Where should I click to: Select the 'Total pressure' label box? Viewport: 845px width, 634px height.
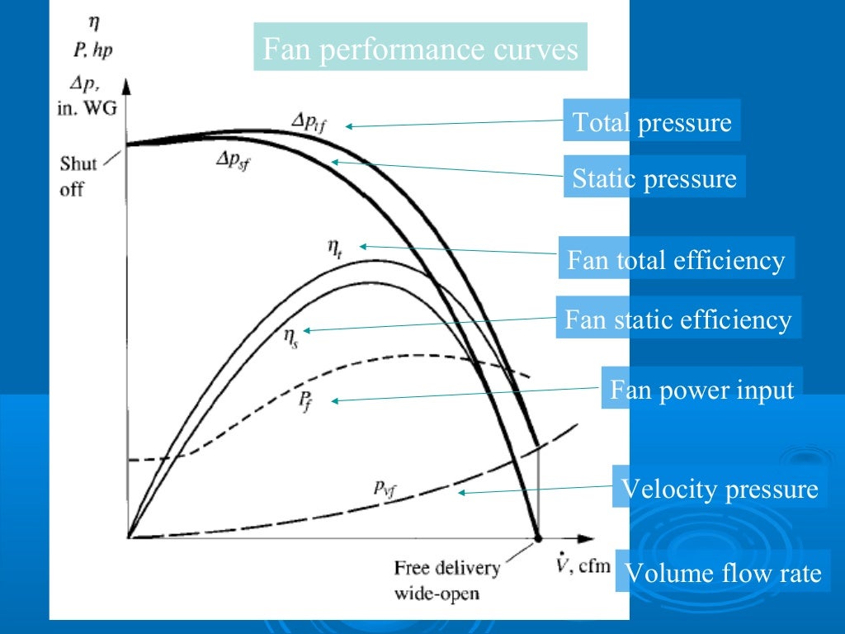[x=651, y=122]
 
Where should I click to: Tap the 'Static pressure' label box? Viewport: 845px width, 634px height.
[x=654, y=177]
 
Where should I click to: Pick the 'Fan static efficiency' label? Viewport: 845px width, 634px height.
[x=677, y=319]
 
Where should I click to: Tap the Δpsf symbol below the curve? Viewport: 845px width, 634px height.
[x=233, y=159]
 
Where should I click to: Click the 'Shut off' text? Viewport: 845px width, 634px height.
[x=78, y=176]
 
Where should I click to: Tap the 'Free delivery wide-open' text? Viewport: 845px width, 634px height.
[x=446, y=580]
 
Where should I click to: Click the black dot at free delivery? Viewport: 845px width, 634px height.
[x=539, y=537]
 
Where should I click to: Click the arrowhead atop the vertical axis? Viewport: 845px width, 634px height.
[x=128, y=85]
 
